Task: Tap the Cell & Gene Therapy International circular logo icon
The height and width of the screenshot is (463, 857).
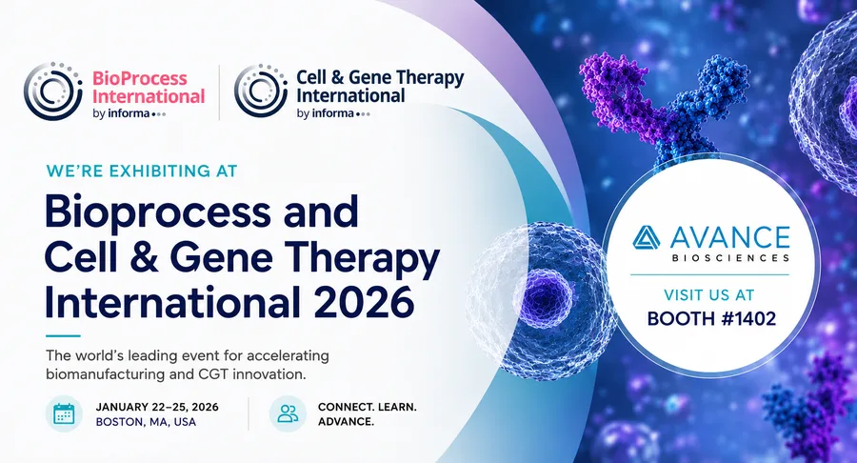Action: (x=261, y=91)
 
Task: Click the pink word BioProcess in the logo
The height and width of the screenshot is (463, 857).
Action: (x=139, y=78)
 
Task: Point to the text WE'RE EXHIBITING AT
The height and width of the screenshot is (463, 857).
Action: (x=142, y=171)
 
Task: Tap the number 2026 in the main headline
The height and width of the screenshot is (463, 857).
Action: (x=364, y=301)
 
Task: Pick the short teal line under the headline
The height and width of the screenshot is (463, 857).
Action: (x=63, y=335)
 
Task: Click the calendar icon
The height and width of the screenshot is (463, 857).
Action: (x=64, y=413)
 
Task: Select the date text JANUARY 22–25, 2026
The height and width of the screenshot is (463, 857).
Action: (x=157, y=407)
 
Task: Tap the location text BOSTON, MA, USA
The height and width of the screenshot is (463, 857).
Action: (x=146, y=422)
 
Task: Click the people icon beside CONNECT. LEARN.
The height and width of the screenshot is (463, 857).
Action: (x=288, y=413)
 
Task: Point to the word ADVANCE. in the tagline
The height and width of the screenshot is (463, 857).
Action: (x=346, y=422)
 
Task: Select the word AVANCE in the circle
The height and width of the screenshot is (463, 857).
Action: (x=729, y=238)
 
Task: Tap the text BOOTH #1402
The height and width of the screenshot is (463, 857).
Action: (x=711, y=318)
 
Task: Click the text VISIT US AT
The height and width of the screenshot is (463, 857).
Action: (x=708, y=295)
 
